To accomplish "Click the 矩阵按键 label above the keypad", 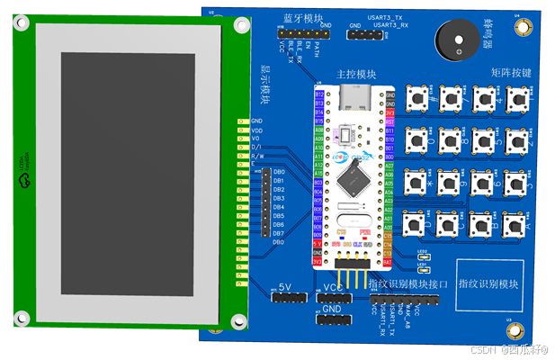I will click(511, 71).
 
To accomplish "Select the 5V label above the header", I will click(285, 287).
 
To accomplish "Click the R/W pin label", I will click(256, 155).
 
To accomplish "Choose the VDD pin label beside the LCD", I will click(256, 130).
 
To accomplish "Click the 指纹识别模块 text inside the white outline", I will click(488, 284).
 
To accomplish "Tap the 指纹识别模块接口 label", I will click(407, 284).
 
